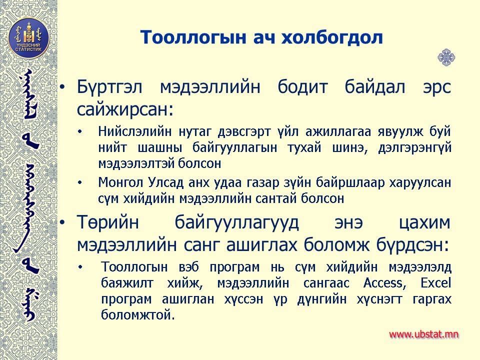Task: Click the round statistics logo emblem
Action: coord(28,38)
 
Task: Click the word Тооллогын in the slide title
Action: coord(193,37)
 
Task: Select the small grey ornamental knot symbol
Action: coord(446,57)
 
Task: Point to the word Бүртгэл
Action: coord(109,87)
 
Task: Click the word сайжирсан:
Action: coord(125,109)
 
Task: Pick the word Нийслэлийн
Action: coord(134,131)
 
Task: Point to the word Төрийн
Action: coord(108,222)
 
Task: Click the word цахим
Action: coord(425,222)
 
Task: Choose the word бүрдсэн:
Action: coord(412,244)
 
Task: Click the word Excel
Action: coord(435,282)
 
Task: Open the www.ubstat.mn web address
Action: coord(423,334)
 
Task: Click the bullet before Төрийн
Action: coord(62,222)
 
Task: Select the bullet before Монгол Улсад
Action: coord(80,183)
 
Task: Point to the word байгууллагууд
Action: coord(236,222)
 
